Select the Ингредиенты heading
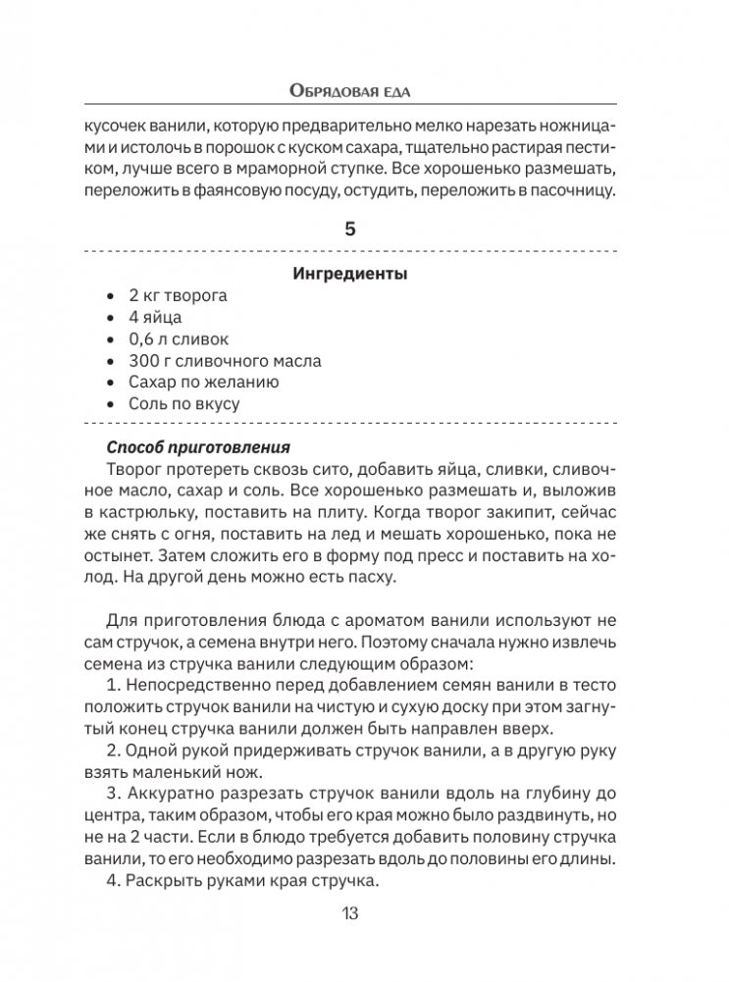[x=350, y=275]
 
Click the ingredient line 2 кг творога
[x=178, y=295]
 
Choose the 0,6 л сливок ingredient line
[x=179, y=339]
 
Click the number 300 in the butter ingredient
[x=143, y=361]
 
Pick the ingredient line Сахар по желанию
[x=204, y=383]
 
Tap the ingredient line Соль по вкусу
[x=184, y=404]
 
